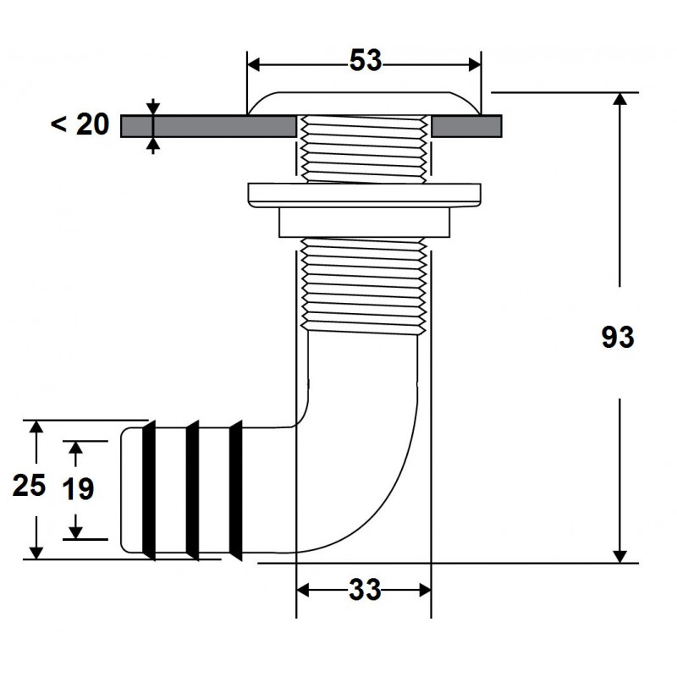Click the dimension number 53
pos(366,60)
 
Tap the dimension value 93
pos(618,337)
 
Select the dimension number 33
pos(365,589)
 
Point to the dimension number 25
pos(29,485)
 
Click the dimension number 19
pos(78,489)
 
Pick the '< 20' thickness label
pos(80,124)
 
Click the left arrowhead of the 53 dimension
pos(253,65)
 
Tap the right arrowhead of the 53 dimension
pos(475,65)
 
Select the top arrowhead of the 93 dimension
pos(620,99)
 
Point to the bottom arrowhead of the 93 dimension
pos(620,557)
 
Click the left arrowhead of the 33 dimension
pos(303,590)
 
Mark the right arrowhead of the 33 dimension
pos(426,590)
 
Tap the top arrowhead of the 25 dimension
pos(36,427)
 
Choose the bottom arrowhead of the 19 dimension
pos(75,533)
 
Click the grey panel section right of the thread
pos(467,126)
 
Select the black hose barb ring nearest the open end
pos(149,490)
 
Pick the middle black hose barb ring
pos(193,490)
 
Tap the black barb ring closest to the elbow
pos(236,490)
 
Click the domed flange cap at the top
pos(364,103)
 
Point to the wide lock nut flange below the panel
pos(365,195)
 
